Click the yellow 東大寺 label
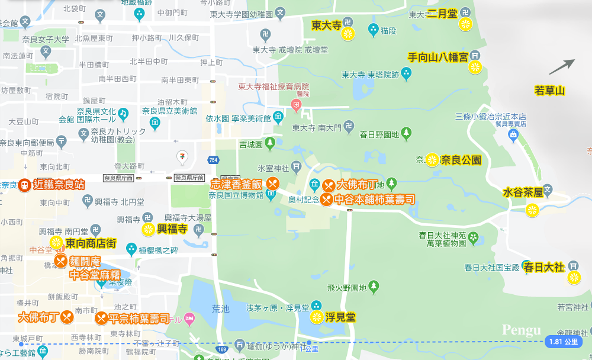click(x=326, y=25)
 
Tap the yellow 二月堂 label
click(x=442, y=13)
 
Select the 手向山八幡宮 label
click(x=438, y=57)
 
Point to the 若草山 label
click(x=550, y=91)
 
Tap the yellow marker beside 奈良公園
click(x=432, y=160)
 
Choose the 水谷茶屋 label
click(x=523, y=192)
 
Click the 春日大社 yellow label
click(x=543, y=267)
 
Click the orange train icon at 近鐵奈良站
click(x=24, y=185)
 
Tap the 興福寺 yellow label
click(x=172, y=229)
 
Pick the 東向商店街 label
click(x=91, y=243)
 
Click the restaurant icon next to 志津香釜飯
click(x=272, y=184)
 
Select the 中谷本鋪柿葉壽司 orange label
click(x=374, y=199)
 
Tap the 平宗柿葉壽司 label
click(x=140, y=318)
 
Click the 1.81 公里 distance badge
click(x=562, y=342)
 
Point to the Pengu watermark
click(x=521, y=330)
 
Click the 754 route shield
click(x=213, y=160)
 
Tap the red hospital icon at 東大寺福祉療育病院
click(x=295, y=104)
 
